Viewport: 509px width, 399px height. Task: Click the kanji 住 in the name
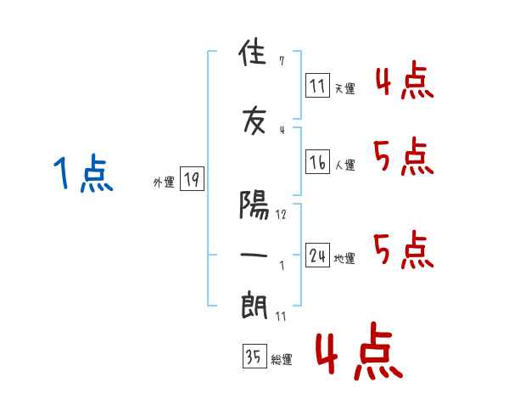[x=253, y=52]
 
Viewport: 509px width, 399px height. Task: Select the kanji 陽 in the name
[x=254, y=205]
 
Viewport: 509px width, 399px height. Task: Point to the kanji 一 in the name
[x=254, y=255]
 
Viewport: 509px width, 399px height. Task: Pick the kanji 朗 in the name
[x=255, y=306]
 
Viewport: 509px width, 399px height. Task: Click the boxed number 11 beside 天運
[x=317, y=86]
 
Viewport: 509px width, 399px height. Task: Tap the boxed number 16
[x=317, y=162]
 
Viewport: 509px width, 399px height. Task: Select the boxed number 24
[x=317, y=255]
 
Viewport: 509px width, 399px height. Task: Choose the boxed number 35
[x=255, y=356]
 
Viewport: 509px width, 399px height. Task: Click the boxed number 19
[x=192, y=179]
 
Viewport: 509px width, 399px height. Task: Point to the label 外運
[x=164, y=183]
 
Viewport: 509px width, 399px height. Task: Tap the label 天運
[x=344, y=88]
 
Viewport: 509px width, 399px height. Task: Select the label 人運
[x=344, y=165]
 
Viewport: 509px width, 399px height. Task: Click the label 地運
[x=344, y=258]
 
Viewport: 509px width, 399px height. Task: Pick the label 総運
[x=282, y=359]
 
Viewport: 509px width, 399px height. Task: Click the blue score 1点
[x=83, y=173]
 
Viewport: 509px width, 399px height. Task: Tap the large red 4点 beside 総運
[x=359, y=351]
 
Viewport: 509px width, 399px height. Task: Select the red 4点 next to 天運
[x=405, y=80]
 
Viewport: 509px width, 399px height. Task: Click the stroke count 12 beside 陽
[x=281, y=215]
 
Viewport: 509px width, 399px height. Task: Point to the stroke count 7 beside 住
[x=282, y=61]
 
